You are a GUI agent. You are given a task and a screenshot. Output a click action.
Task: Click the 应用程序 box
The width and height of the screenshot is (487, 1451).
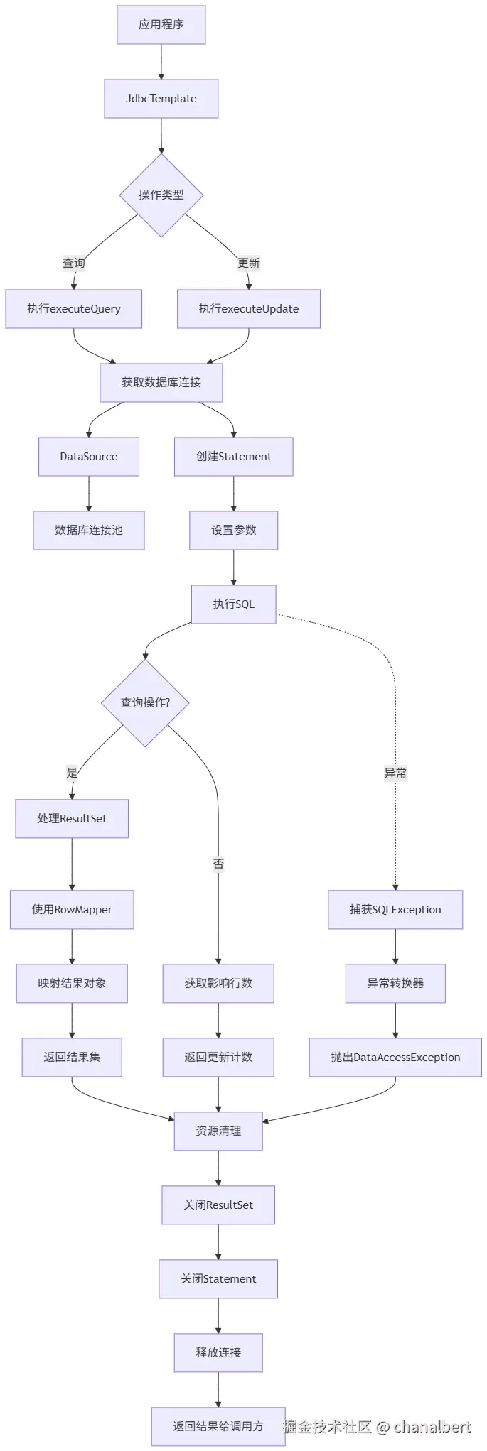(161, 25)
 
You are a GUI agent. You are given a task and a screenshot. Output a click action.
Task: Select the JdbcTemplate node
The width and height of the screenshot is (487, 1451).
(161, 99)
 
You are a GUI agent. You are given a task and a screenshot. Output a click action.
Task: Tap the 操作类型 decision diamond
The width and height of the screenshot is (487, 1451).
(161, 195)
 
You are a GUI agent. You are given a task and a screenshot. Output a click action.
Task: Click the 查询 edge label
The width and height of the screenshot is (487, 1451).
(74, 263)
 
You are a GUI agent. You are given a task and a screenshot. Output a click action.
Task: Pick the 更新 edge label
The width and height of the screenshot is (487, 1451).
(249, 263)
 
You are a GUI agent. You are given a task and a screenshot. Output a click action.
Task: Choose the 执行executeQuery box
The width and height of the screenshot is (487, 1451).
(73, 309)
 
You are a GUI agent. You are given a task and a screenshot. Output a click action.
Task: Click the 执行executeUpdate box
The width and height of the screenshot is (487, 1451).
(248, 309)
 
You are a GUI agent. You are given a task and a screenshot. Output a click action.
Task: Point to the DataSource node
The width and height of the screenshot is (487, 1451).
(89, 457)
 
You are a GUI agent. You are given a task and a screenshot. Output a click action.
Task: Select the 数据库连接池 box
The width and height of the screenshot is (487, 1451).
(89, 531)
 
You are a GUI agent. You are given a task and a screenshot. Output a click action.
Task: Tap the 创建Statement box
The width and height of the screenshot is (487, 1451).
(233, 457)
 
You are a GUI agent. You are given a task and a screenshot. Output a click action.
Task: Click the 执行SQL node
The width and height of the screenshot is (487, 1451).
(233, 604)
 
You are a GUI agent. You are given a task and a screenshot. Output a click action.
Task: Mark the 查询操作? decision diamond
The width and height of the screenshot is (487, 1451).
(145, 703)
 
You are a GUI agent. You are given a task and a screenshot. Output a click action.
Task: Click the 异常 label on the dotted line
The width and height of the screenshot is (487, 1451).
(395, 773)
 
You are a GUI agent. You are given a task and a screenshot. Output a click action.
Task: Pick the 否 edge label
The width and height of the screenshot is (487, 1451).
(218, 864)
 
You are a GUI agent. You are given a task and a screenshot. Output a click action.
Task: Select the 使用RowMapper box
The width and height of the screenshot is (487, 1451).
(72, 910)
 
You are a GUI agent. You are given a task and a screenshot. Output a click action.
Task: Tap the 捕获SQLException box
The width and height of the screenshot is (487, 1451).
(395, 910)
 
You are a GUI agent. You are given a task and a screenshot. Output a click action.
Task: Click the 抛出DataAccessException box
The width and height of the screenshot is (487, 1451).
(395, 1058)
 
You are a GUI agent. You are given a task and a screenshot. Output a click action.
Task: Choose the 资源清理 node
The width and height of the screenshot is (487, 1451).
(218, 1131)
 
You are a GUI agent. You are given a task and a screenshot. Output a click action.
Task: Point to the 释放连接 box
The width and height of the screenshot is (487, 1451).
(218, 1353)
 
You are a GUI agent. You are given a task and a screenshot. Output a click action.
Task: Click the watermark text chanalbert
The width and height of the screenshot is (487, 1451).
(432, 1427)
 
